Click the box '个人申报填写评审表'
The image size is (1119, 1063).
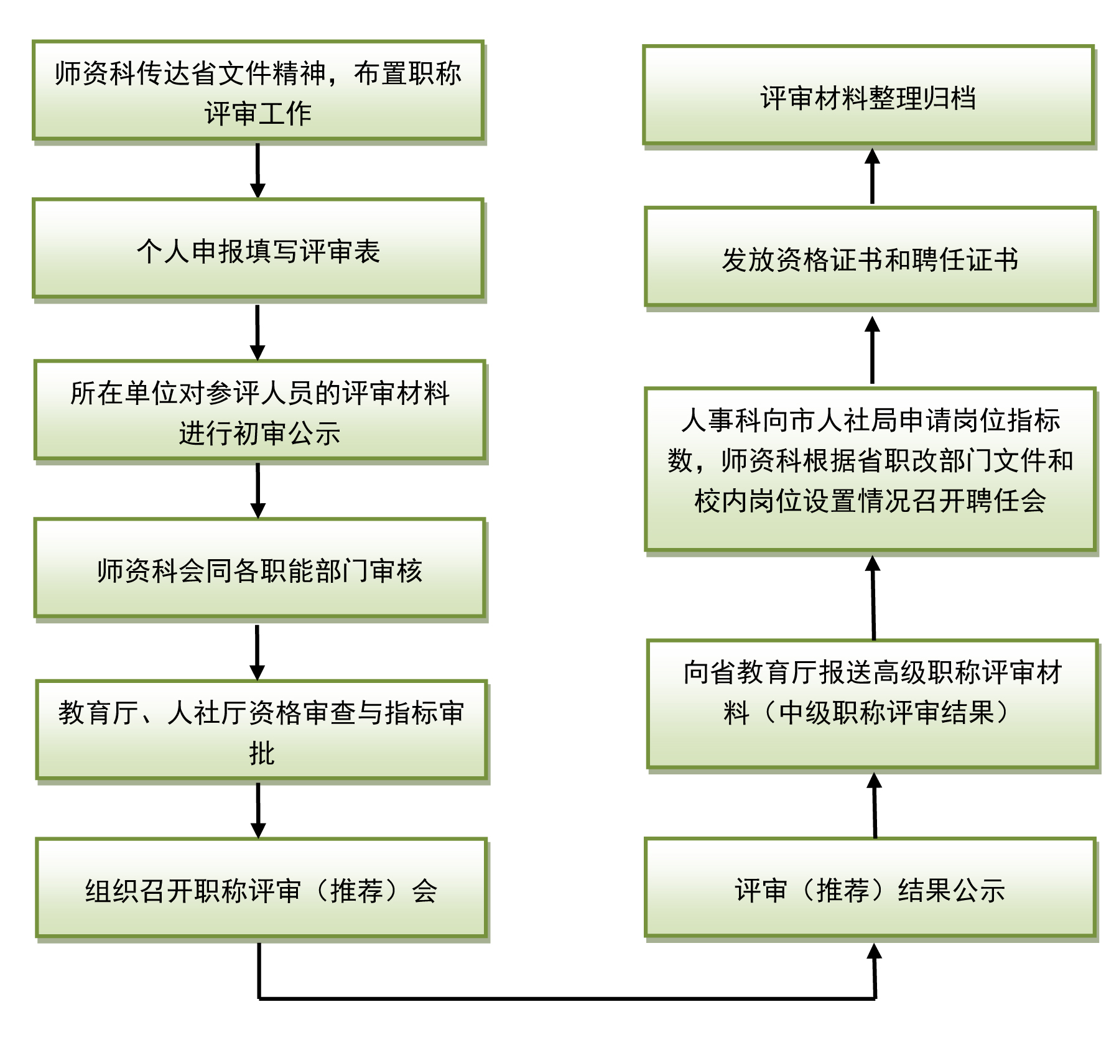click(258, 249)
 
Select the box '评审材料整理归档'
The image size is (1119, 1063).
click(868, 96)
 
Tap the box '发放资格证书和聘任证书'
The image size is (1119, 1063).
click(870, 258)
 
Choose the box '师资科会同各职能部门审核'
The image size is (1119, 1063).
click(259, 569)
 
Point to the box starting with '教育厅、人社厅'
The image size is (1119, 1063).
click(261, 731)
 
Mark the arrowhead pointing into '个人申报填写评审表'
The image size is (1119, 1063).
click(258, 190)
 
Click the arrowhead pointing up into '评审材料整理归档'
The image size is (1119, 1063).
click(872, 157)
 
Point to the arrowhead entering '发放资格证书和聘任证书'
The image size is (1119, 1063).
click(872, 325)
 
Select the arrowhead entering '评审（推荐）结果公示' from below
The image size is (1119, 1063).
click(875, 952)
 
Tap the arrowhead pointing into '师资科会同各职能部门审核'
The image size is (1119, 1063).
click(258, 510)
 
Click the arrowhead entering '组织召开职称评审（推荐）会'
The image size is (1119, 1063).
click(258, 830)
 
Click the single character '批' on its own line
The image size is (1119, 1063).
click(261, 753)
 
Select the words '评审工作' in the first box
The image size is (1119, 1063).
click(258, 113)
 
